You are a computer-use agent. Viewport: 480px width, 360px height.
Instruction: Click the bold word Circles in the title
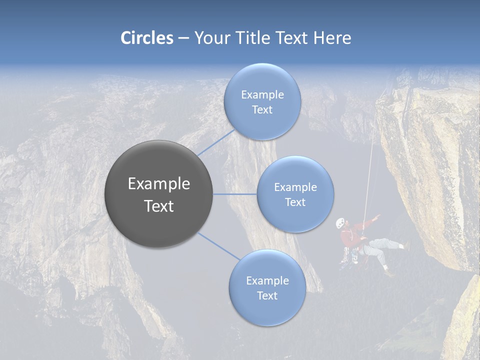[x=147, y=37]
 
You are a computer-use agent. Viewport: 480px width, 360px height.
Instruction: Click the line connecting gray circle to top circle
[x=216, y=142]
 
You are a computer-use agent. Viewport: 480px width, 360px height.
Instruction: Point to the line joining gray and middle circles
[x=235, y=194]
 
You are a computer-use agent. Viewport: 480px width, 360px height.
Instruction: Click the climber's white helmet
[x=340, y=222]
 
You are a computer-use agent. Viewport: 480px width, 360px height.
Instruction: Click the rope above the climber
[x=370, y=165]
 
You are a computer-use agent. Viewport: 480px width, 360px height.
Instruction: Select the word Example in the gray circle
[x=158, y=184]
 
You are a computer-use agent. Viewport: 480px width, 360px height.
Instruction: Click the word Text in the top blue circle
[x=262, y=110]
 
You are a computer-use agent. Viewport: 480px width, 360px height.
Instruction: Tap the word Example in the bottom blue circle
[x=267, y=281]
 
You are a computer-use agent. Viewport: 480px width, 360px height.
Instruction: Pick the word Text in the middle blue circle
[x=295, y=202]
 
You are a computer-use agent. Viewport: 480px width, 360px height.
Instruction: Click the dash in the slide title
[x=183, y=38]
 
